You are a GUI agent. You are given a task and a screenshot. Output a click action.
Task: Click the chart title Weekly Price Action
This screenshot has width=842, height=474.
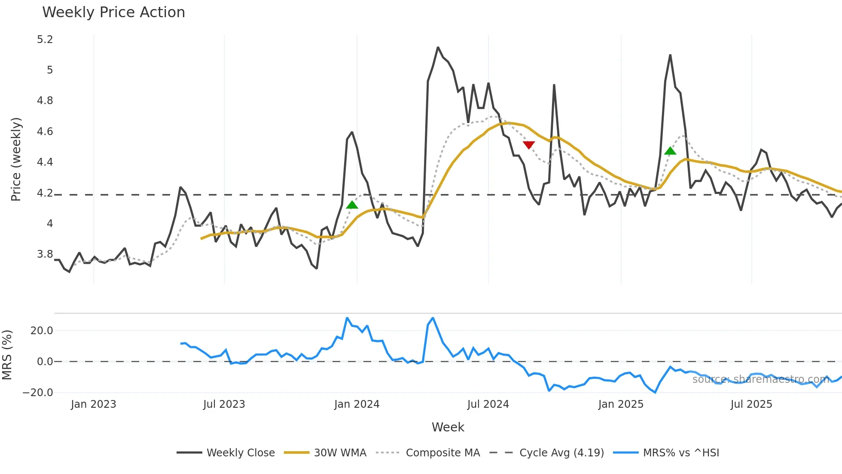(x=113, y=12)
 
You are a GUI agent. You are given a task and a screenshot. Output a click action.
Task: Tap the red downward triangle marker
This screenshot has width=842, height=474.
(x=529, y=145)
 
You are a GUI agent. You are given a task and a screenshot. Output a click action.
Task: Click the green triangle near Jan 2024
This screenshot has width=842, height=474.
(x=352, y=205)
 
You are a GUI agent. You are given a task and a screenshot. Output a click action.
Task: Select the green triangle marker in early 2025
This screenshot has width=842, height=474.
(x=670, y=151)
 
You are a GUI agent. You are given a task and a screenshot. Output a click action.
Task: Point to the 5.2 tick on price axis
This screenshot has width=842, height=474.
(x=45, y=40)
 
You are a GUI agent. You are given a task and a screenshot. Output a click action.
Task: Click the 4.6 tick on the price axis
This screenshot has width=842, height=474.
(x=45, y=132)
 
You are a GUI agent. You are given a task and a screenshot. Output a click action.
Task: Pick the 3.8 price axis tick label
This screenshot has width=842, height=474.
(x=45, y=254)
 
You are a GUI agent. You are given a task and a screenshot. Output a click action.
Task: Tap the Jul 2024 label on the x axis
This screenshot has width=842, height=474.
(x=488, y=404)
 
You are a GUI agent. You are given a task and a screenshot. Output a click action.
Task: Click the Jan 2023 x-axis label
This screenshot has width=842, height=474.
(x=93, y=404)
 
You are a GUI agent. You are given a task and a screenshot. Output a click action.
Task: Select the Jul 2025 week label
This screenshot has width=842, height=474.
(x=751, y=404)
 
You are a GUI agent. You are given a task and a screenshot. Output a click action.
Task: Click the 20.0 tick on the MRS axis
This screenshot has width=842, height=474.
(x=42, y=331)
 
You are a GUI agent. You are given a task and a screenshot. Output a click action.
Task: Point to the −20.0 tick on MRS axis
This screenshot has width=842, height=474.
(x=38, y=392)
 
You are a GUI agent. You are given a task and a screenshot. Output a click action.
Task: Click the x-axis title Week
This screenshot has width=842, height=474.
(x=448, y=427)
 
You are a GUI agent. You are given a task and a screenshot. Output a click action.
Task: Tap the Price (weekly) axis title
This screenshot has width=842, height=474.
(x=16, y=159)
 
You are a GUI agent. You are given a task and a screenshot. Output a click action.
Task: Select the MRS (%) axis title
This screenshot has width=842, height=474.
(x=7, y=355)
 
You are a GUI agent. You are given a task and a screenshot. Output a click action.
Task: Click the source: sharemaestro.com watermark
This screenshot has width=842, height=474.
(x=760, y=379)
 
